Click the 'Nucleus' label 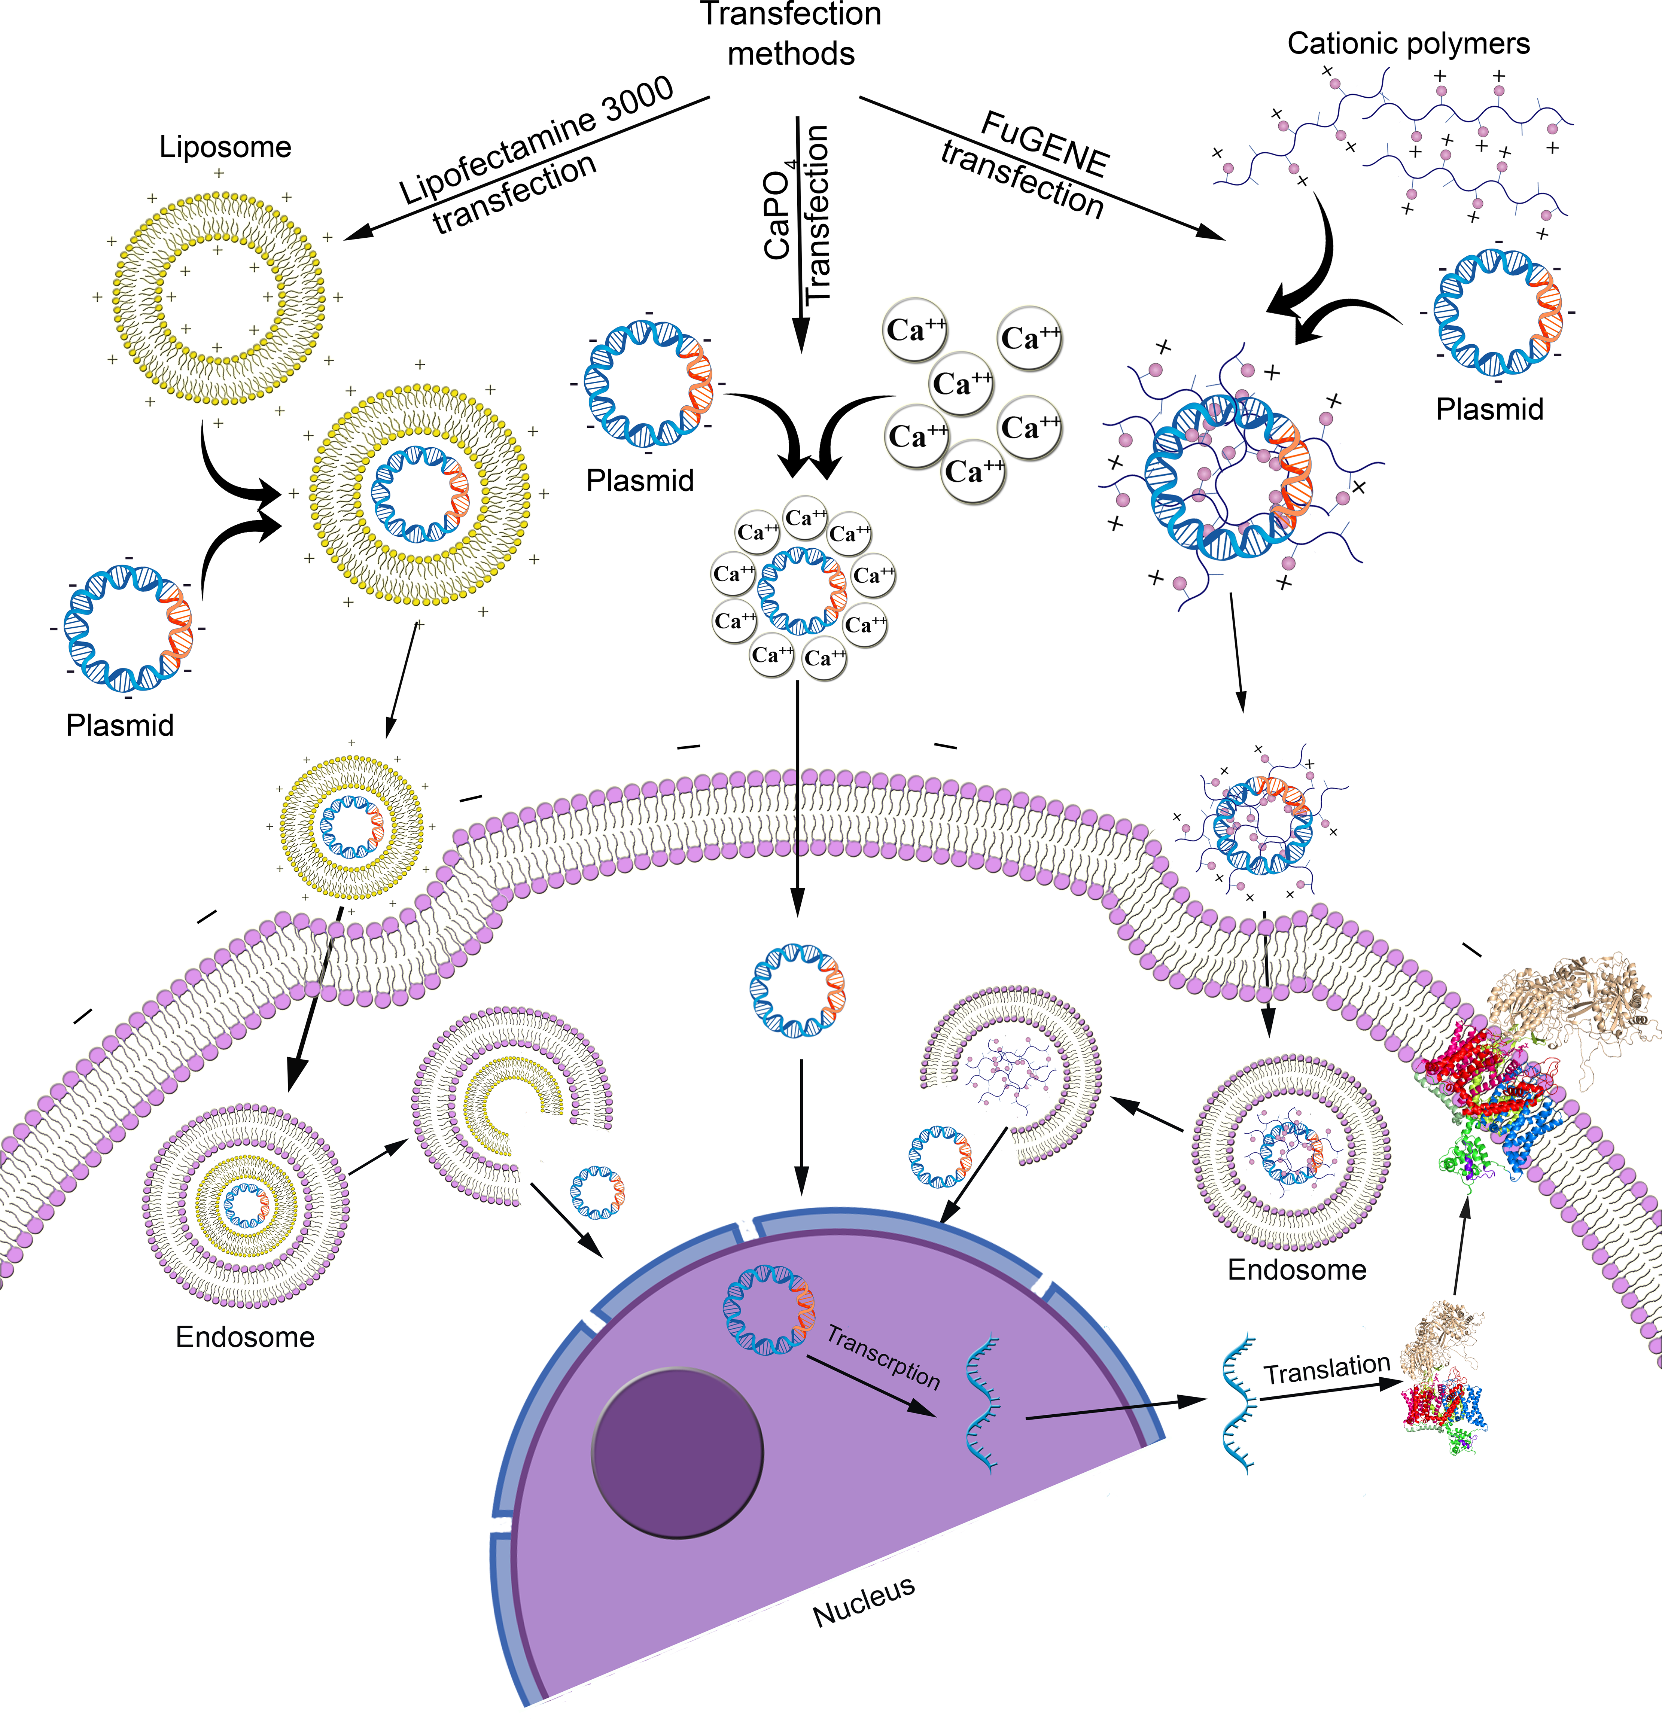coord(864,1601)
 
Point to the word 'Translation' coord(1327,1368)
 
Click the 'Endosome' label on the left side coord(245,1337)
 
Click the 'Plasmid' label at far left coord(120,725)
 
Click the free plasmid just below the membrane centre coord(798,991)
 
